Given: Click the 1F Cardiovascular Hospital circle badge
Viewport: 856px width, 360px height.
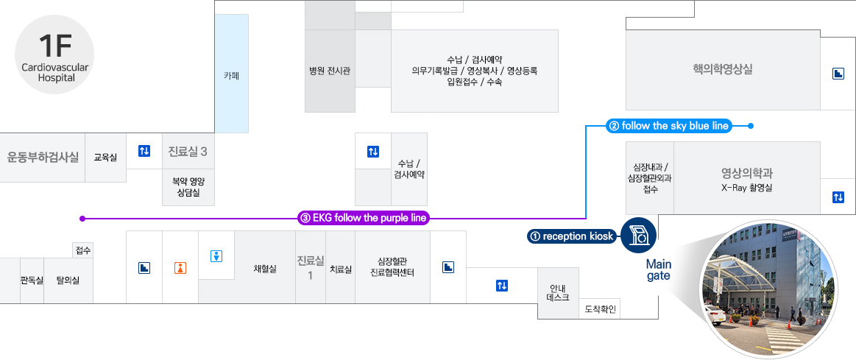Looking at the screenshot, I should point(54,56).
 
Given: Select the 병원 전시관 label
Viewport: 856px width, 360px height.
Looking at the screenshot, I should point(329,71).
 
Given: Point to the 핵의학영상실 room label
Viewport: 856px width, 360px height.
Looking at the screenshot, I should point(722,70).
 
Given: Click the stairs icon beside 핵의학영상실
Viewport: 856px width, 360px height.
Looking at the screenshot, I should point(838,74).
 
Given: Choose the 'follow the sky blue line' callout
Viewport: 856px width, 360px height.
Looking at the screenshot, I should point(668,126).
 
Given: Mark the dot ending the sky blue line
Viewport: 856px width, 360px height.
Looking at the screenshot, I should point(750,126).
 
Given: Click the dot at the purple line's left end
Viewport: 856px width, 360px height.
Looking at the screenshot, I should point(82,219).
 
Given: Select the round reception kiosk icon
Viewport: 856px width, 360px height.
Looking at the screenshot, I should point(638,236).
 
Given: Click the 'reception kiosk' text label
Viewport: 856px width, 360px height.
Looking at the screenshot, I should point(572,236).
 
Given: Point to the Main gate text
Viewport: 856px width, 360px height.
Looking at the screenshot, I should point(658,269).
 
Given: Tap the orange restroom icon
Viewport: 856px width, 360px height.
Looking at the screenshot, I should point(180,268).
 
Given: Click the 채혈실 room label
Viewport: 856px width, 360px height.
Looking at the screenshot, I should point(264,269).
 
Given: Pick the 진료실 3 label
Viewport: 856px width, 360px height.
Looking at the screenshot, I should point(188,152).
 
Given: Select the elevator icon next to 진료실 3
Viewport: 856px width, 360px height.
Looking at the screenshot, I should point(144,151).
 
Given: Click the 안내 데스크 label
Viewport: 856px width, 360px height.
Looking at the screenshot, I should point(557,293).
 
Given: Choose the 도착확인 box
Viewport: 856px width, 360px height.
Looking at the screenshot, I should point(601,308).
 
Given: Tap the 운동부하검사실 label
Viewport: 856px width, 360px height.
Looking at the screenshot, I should point(43,157).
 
